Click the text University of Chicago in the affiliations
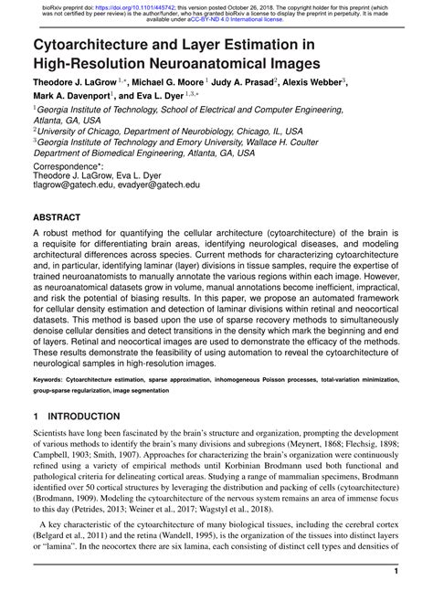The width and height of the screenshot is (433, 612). (82, 131)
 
